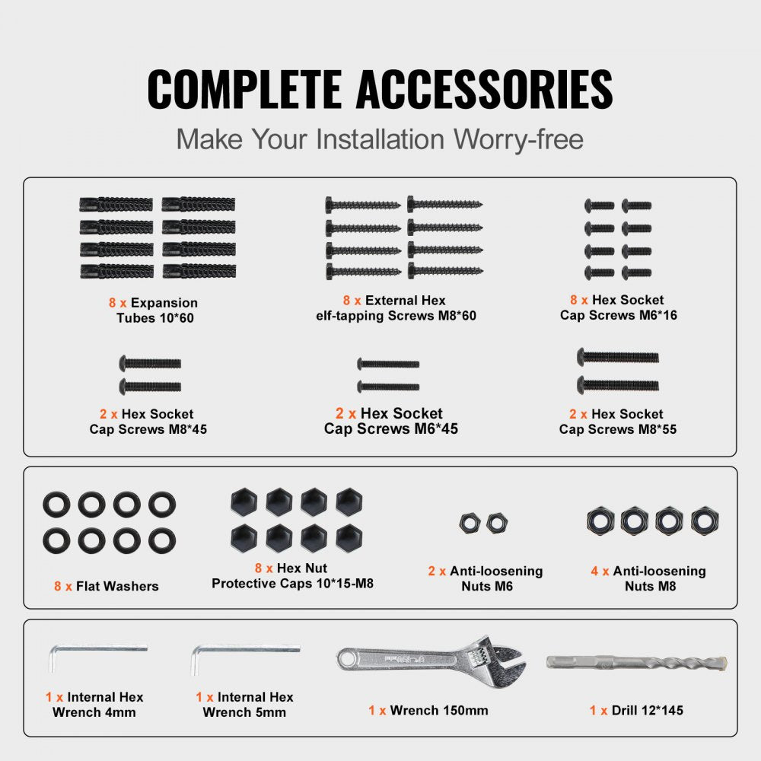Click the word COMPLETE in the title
point(244,89)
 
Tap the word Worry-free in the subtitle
point(518,139)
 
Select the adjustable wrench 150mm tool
point(431,661)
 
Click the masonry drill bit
point(636,662)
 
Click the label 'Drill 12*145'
point(647,711)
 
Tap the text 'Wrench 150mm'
point(439,711)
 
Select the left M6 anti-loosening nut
point(470,524)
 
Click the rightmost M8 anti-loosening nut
point(705,521)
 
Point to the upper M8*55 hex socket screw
point(617,357)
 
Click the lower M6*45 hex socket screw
point(388,387)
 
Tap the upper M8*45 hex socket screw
point(150,363)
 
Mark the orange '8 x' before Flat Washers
point(63,586)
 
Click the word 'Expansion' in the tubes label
point(164,303)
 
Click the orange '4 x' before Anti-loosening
point(600,572)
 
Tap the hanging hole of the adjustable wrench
point(346,659)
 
